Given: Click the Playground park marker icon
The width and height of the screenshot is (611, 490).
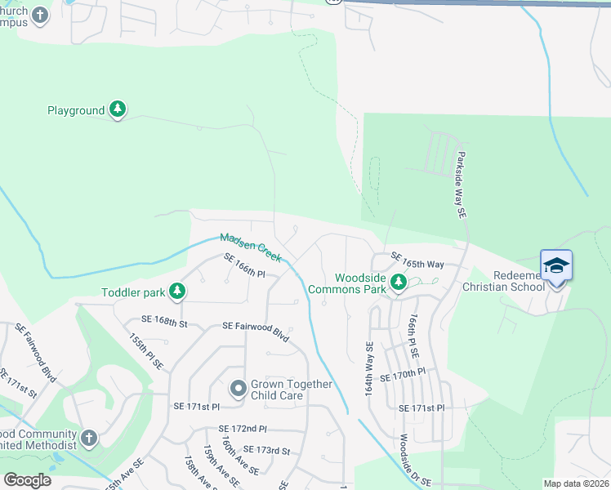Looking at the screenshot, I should [x=118, y=109].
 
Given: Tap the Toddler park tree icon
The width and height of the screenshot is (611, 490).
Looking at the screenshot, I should [x=176, y=291].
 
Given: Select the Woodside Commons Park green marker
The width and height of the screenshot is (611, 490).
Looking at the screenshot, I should [x=398, y=283].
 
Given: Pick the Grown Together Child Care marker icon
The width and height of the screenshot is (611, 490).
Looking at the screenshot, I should [x=239, y=389].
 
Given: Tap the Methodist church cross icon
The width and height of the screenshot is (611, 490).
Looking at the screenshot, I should [x=89, y=439].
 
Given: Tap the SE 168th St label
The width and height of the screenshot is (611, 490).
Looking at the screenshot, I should [x=164, y=323].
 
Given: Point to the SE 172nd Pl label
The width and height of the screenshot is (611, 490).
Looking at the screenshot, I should [x=243, y=429].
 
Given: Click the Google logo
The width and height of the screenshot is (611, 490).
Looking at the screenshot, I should [x=27, y=480].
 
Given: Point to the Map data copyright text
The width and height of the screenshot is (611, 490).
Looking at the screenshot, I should [x=575, y=483].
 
